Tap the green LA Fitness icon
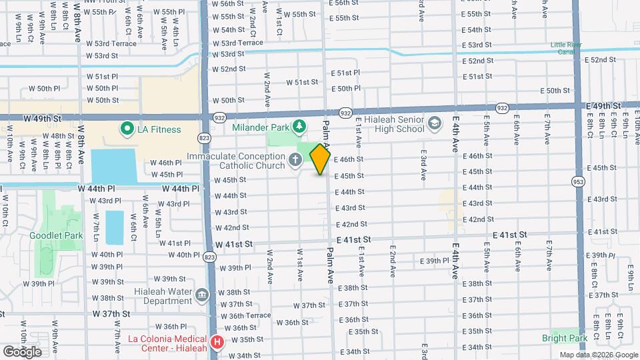[125, 129]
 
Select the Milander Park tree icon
[300, 126]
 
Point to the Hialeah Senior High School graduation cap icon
[435, 124]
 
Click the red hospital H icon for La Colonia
[217, 343]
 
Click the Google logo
[22, 351]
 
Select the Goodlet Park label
[55, 235]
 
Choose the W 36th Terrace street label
[246, 315]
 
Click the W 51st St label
[302, 82]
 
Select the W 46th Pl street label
[166, 163]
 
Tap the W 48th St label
[63, 135]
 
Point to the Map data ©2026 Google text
[597, 355]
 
